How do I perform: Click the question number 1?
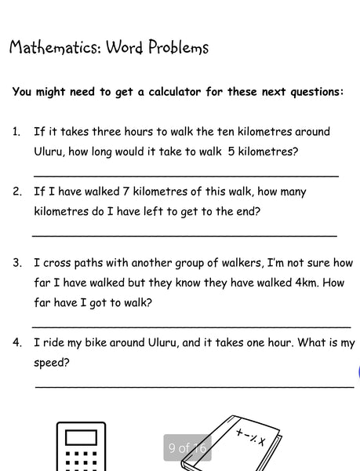(16, 132)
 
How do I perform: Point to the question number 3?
(16, 263)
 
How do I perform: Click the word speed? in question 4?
(52, 363)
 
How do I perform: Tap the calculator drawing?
(81, 447)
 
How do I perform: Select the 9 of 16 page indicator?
(187, 448)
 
